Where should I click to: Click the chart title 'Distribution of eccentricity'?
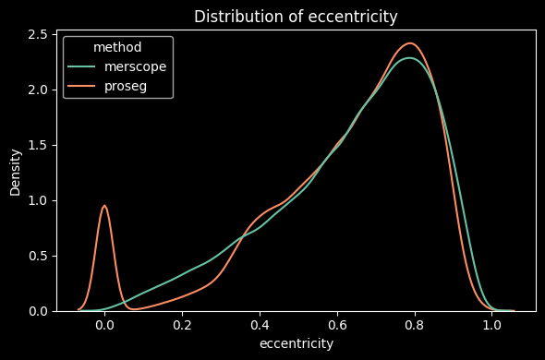pyautogui.click(x=296, y=16)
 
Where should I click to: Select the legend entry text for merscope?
pyautogui.click(x=135, y=67)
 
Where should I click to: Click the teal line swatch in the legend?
pyautogui.click(x=82, y=67)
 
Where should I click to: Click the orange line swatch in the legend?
pyautogui.click(x=82, y=86)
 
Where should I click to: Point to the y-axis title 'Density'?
pyautogui.click(x=16, y=171)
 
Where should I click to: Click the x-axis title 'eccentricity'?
pyautogui.click(x=296, y=343)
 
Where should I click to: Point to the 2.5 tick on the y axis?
pyautogui.click(x=37, y=34)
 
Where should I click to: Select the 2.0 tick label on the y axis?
pyautogui.click(x=37, y=90)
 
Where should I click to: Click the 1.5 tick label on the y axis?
pyautogui.click(x=37, y=145)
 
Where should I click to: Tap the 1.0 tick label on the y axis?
pyautogui.click(x=37, y=200)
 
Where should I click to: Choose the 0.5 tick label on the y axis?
pyautogui.click(x=37, y=256)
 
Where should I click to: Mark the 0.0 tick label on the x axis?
pyautogui.click(x=104, y=325)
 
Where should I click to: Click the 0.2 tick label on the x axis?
pyautogui.click(x=182, y=325)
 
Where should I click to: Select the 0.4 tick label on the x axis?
pyautogui.click(x=260, y=325)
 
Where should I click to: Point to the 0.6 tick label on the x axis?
pyautogui.click(x=337, y=325)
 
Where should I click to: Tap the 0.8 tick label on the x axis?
pyautogui.click(x=414, y=325)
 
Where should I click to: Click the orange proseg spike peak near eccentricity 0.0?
pyautogui.click(x=104, y=206)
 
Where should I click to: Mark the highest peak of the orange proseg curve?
pyautogui.click(x=410, y=43)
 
